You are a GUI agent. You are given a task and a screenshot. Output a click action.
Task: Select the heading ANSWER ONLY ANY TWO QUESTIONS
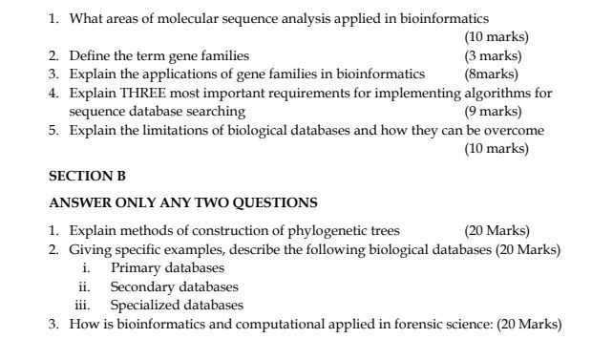182,202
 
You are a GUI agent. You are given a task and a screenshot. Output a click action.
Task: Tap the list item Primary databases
167,268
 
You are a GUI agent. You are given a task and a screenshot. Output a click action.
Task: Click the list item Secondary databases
174,286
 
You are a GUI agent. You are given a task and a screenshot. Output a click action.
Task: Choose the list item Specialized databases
177,306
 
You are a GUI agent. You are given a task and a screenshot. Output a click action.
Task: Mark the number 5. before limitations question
55,130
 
